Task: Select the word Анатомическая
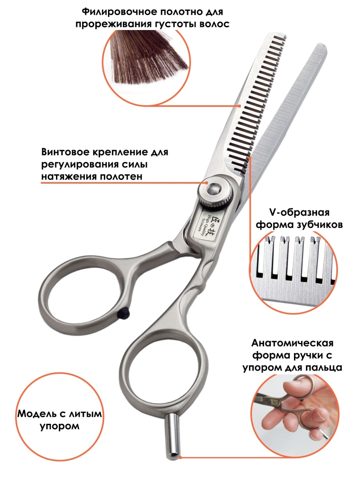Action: [x=292, y=343]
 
